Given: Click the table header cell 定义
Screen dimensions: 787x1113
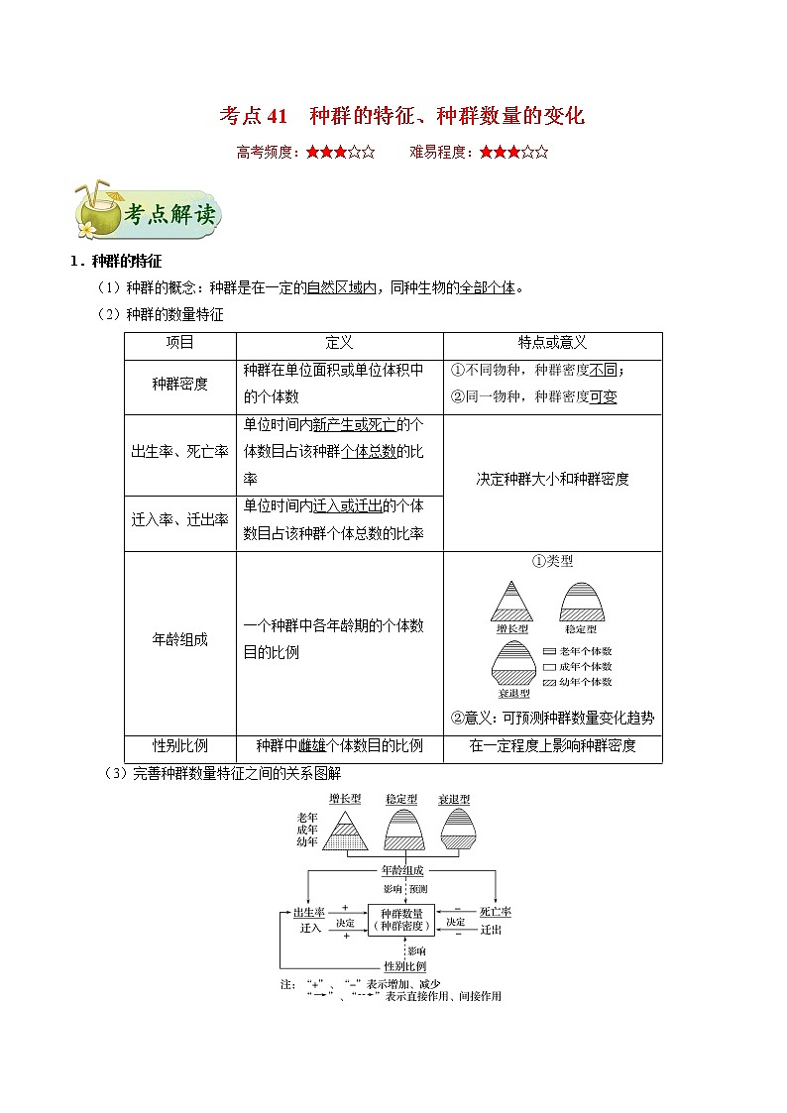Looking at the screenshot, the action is coord(339,343).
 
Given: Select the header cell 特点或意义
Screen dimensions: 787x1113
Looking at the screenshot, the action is coord(552,343).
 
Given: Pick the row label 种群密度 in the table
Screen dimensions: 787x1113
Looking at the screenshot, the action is coord(179,384).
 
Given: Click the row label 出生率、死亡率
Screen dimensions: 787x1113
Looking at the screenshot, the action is coord(179,451).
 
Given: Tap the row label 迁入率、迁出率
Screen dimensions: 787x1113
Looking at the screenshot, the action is coord(179,520).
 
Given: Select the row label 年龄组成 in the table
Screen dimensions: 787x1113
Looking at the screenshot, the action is coord(179,639).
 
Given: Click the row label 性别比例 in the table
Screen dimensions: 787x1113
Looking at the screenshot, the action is coord(179,746).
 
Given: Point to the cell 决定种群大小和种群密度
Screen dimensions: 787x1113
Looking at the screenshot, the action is coord(552,479).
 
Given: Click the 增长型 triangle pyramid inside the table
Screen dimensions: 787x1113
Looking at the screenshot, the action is coord(512,601).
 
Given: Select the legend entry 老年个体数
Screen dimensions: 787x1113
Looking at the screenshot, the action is coord(585,651).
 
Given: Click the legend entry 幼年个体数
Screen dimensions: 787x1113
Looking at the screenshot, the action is coord(585,681).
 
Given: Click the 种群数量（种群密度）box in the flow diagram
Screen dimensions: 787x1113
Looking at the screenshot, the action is coord(400,919).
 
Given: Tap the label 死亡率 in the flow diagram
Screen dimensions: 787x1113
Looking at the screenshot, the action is coord(495,912).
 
